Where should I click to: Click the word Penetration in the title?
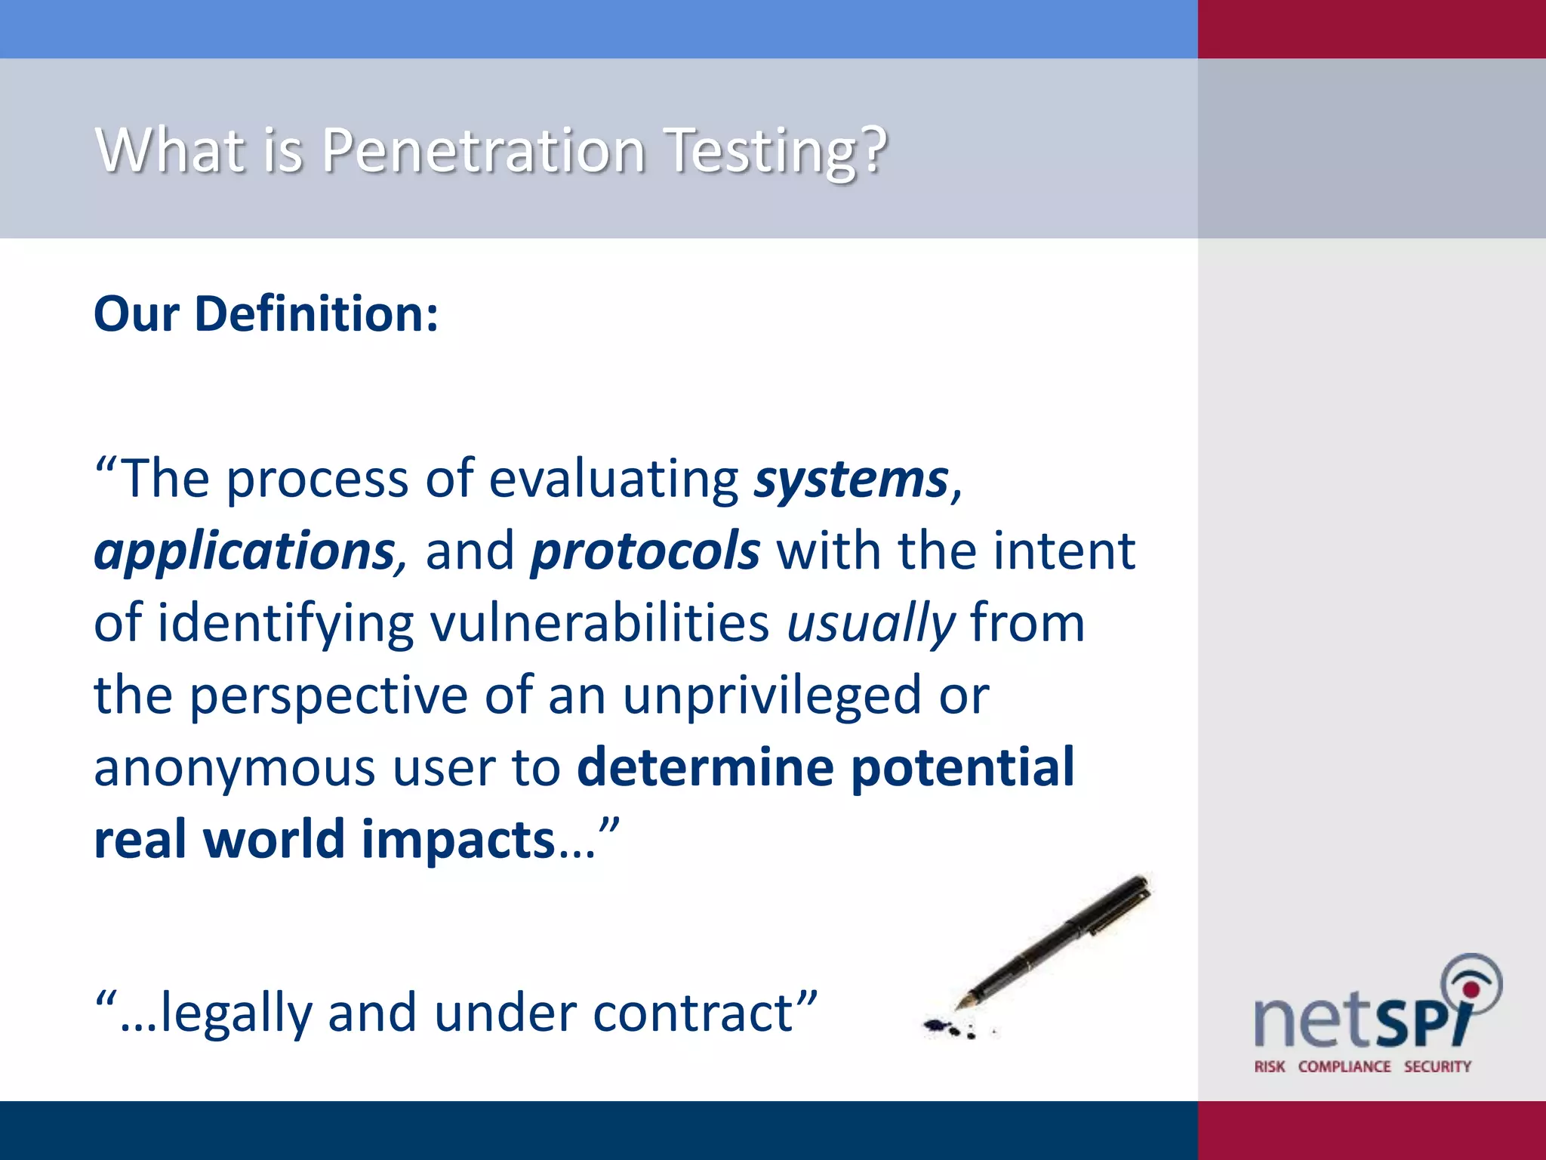click(483, 150)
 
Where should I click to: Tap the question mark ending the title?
click(873, 150)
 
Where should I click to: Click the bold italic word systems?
click(851, 480)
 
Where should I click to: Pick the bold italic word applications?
click(245, 552)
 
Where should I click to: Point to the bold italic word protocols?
click(645, 552)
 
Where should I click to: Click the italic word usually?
click(870, 625)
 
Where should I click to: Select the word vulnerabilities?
click(599, 625)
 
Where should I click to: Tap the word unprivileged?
click(771, 696)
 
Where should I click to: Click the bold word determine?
click(705, 767)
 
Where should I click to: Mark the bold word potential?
click(962, 767)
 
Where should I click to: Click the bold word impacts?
click(458, 840)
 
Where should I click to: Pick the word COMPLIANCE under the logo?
click(1344, 1067)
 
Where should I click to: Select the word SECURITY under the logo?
click(1437, 1067)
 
